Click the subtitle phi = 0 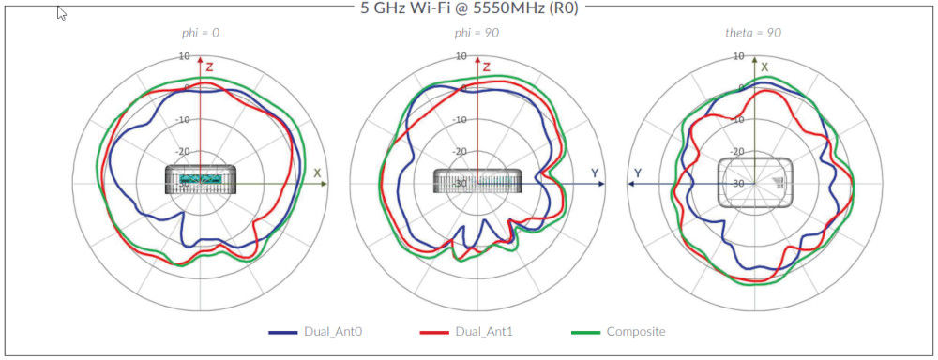(201, 33)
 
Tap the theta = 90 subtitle (753, 33)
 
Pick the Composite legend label (636, 332)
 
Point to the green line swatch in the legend (585, 332)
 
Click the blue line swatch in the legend (283, 332)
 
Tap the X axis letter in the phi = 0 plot (317, 173)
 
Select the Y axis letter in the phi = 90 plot (595, 173)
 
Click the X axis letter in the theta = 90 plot (765, 67)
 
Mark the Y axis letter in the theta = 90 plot (638, 173)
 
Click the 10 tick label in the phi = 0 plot (185, 56)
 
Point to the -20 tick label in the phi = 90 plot (460, 151)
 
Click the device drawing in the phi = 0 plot (201, 179)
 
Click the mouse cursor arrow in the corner (62, 13)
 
